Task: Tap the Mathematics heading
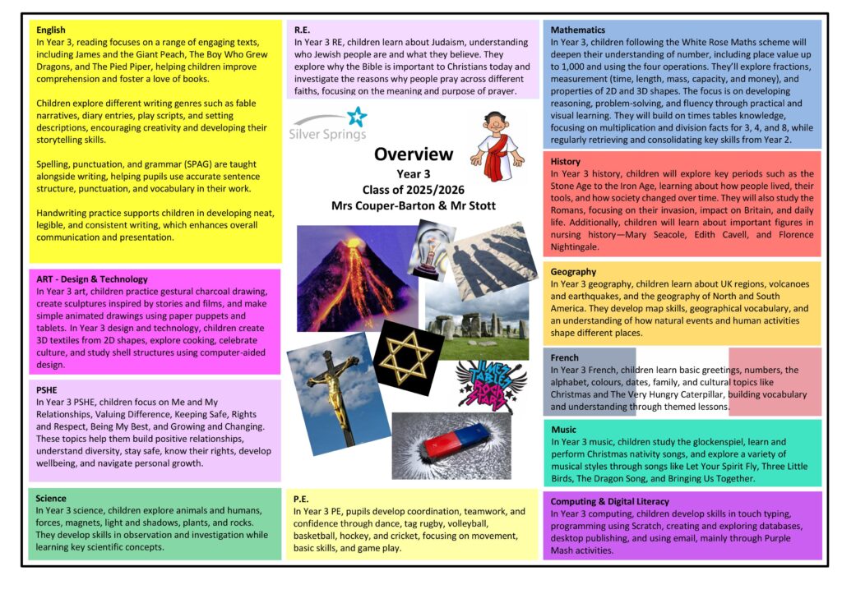pyautogui.click(x=577, y=30)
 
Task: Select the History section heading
pyautogui.click(x=565, y=162)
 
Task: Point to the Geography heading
pyautogui.click(x=573, y=271)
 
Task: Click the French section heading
pyautogui.click(x=564, y=358)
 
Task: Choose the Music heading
pyautogui.click(x=563, y=430)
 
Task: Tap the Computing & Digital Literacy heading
pyautogui.click(x=609, y=501)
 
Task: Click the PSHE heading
pyautogui.click(x=48, y=390)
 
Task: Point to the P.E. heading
pyautogui.click(x=302, y=499)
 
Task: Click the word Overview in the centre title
pyautogui.click(x=414, y=154)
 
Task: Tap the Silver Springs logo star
pyautogui.click(x=357, y=117)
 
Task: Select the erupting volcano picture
pyautogui.click(x=347, y=277)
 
